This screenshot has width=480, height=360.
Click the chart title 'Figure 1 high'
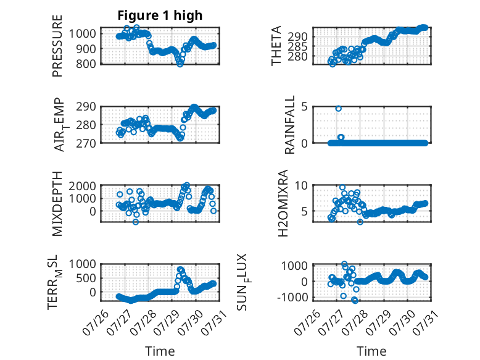coord(160,15)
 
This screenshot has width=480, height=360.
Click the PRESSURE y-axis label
coord(57,46)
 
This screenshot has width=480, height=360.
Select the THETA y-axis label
coord(276,46)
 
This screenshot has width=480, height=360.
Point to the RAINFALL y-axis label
coord(289,125)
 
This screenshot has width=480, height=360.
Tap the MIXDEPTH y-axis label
coord(57,204)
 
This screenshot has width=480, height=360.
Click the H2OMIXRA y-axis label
coord(283,203)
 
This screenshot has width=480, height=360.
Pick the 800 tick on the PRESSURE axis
coord(86,64)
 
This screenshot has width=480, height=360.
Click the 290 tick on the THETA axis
coord(297,37)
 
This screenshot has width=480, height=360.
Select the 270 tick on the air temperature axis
coord(86,143)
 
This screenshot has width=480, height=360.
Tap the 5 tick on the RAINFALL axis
coord(304,107)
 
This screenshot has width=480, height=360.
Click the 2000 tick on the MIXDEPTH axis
coord(83,186)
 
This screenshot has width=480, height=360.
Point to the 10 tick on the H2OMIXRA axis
coord(301,185)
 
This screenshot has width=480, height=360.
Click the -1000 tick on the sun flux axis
coord(292,297)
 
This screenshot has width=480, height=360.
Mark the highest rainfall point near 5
coord(338,109)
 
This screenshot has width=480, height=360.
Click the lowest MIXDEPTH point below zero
coord(136,222)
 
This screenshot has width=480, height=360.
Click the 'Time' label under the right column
coord(371,351)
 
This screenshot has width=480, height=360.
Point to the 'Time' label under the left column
coord(160,351)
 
